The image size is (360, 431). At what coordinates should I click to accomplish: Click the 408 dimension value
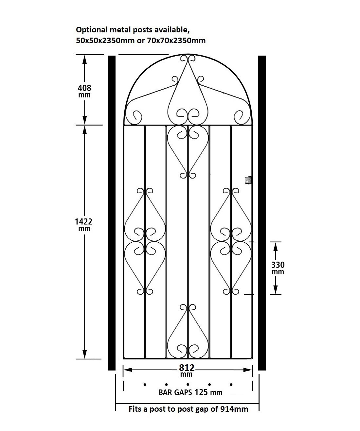coord(84,88)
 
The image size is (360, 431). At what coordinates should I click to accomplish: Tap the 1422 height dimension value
coord(84,221)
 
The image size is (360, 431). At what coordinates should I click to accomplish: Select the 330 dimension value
coord(278,265)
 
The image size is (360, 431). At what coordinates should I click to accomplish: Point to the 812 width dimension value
coord(187,368)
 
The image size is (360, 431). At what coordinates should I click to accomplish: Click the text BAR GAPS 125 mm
coord(190,392)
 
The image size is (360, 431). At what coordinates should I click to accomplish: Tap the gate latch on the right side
coord(248,180)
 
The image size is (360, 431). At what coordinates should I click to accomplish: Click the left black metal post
coord(112,213)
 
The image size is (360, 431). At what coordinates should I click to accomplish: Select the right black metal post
coord(262,213)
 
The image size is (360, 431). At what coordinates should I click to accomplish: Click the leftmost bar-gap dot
coord(144,385)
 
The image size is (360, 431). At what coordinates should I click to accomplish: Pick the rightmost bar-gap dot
coord(231,385)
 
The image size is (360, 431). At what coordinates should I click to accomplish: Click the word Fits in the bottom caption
coord(135,409)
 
